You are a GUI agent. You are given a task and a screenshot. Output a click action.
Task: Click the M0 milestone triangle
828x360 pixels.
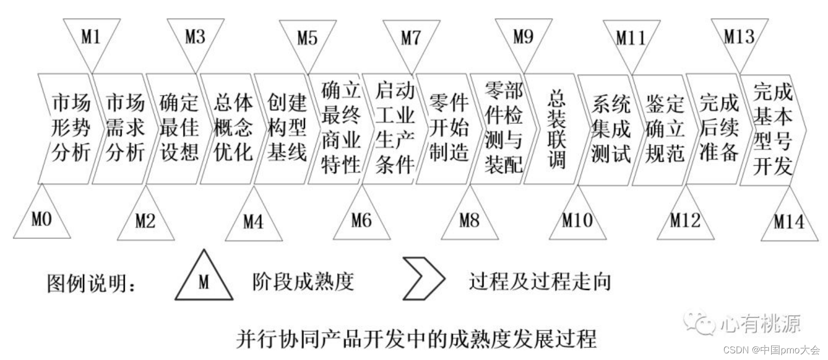[41, 217]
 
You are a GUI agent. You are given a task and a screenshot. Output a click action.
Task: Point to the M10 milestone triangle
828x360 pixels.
[577, 219]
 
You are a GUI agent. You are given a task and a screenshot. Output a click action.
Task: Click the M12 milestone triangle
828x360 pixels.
[685, 219]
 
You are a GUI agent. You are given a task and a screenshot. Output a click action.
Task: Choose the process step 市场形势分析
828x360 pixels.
[70, 128]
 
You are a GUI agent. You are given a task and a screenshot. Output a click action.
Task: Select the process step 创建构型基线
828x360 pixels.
[287, 128]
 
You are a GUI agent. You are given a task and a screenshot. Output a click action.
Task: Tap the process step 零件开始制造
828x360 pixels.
[448, 128]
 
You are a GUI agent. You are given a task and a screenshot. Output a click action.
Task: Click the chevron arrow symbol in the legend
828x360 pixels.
[422, 279]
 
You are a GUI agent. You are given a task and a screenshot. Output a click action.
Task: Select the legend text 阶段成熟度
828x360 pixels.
[303, 281]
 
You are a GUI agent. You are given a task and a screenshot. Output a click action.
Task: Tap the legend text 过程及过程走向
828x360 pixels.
[540, 281]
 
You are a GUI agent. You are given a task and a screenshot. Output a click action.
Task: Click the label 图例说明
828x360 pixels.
[92, 283]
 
